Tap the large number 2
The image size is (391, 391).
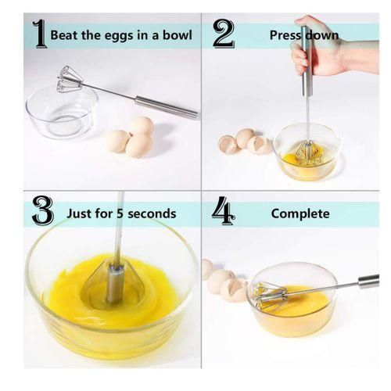point(223,34)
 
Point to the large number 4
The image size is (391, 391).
point(223,212)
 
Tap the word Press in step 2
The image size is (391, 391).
point(287,35)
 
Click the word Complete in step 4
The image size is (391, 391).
point(300,213)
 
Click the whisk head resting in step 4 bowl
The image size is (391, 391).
point(270,295)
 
